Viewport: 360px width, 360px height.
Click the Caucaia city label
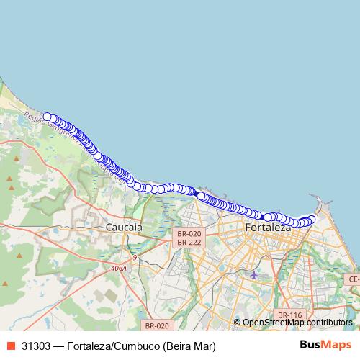124,228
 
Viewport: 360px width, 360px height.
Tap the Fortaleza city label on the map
268,228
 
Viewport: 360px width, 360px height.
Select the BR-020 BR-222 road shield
189,238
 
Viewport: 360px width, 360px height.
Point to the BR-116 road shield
289,315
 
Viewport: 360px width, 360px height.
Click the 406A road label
119,268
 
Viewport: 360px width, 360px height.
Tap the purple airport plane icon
253,274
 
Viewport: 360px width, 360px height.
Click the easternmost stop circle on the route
312,219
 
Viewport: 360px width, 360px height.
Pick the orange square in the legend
11,346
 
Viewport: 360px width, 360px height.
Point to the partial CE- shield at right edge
354,279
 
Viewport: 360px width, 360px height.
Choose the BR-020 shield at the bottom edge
156,325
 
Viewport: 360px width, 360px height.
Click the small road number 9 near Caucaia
134,257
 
